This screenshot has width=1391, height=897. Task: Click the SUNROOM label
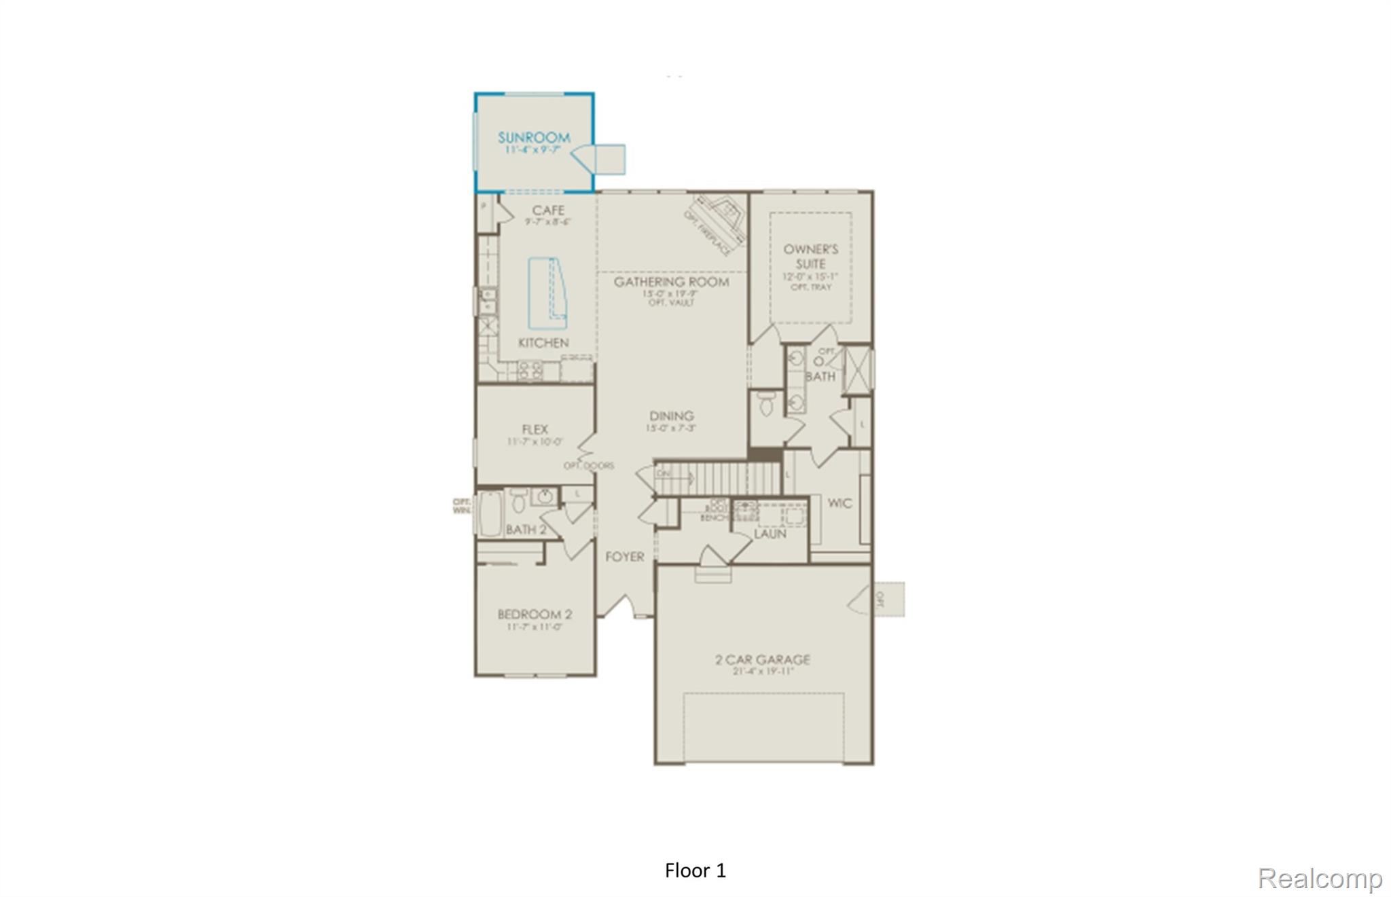(534, 138)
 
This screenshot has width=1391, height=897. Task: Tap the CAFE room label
(548, 210)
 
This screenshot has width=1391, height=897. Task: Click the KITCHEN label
(543, 343)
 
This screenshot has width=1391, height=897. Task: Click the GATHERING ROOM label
(671, 282)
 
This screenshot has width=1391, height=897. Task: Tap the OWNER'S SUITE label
(810, 256)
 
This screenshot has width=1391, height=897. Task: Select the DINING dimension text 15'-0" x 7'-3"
(671, 428)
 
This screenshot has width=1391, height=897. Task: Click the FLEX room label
(535, 429)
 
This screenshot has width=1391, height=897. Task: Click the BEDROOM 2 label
(535, 615)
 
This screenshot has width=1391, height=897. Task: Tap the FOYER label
(624, 557)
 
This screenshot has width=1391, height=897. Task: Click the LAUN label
(770, 534)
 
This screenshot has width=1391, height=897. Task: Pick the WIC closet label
(839, 503)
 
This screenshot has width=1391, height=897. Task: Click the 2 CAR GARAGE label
(763, 659)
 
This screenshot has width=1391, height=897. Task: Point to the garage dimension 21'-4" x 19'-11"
(763, 672)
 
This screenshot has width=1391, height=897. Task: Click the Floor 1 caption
(695, 871)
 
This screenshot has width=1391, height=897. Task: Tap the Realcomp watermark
(1320, 878)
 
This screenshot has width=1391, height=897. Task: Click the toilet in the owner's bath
(766, 403)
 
